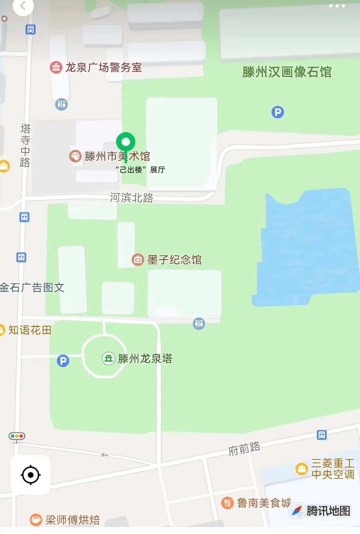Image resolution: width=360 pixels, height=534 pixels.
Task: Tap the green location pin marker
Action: coord(126,142)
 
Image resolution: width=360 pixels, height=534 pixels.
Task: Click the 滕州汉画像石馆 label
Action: coord(287,72)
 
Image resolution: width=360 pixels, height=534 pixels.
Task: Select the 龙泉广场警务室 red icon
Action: coord(56,67)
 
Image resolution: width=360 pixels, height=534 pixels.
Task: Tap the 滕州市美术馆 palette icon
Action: coord(75,156)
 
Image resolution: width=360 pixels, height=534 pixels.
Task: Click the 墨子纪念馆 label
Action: coord(174,260)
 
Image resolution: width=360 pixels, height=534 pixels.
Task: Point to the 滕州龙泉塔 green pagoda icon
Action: coord(108,359)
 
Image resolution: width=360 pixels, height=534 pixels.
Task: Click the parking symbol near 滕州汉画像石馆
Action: coord(278,112)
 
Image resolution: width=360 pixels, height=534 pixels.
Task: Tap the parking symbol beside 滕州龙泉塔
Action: coord(63,361)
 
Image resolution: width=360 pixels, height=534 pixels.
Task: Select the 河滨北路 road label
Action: coord(132,198)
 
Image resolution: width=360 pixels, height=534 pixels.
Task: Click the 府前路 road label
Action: coord(244,449)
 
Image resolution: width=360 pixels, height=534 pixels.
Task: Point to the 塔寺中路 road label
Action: coord(25,145)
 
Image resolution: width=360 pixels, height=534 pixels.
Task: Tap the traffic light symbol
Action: coord(17,436)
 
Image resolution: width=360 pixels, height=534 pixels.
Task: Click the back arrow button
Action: coord(23,6)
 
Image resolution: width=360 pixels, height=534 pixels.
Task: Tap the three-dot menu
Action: coord(337,6)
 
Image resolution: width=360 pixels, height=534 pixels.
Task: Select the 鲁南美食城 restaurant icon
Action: coord(227,503)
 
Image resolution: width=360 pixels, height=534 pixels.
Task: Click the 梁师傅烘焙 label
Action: coord(72,520)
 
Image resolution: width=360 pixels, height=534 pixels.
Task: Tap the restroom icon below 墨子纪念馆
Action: coord(199,323)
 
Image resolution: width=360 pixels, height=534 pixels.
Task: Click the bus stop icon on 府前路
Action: coord(322,435)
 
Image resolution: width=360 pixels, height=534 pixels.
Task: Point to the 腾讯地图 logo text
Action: coord(328,511)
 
